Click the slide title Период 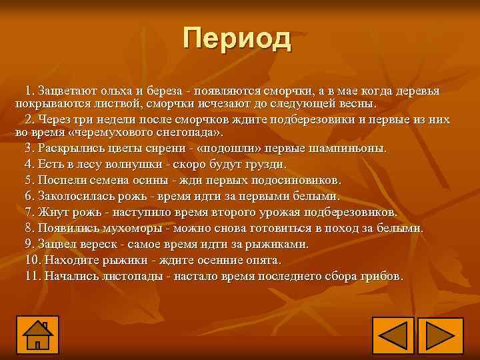point(238,39)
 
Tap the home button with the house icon point(38,335)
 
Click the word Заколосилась point(74,196)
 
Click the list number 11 point(33,276)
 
